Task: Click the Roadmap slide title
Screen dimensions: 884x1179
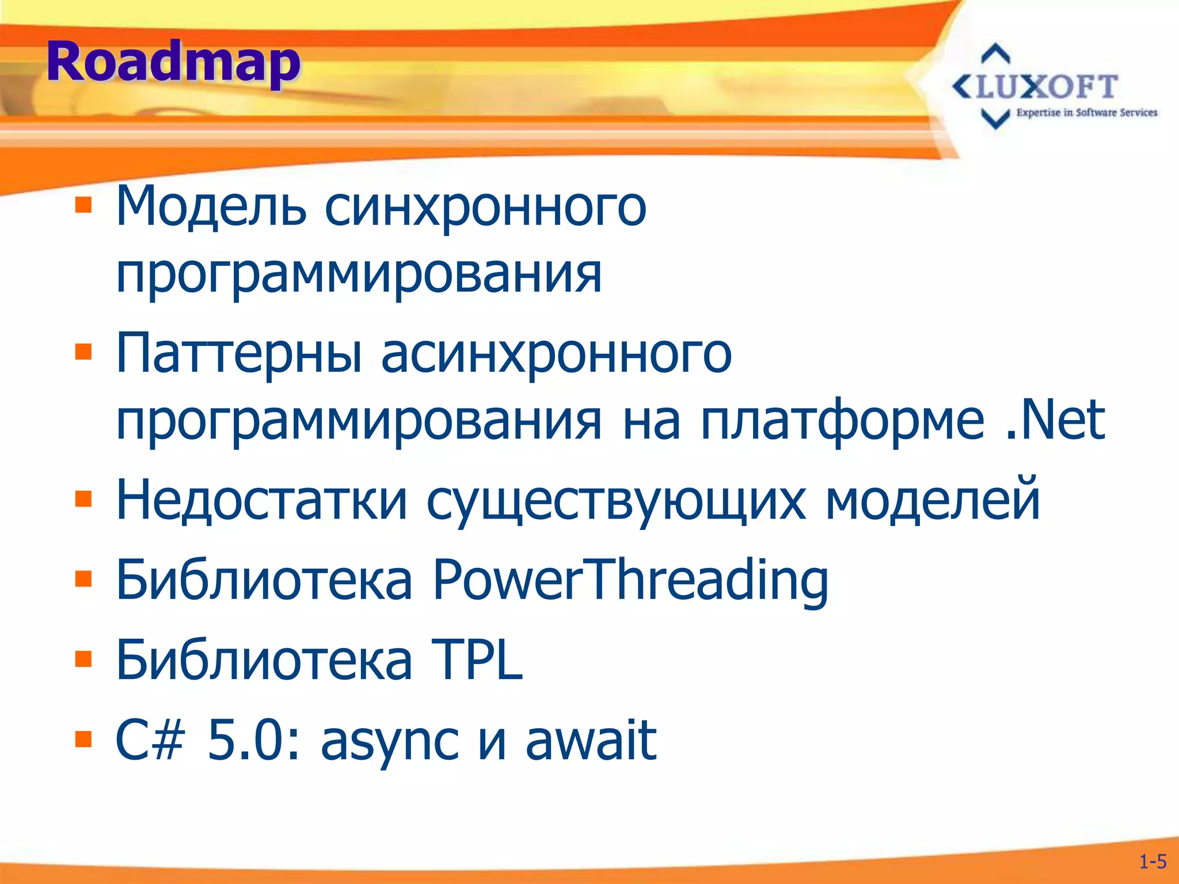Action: (x=173, y=62)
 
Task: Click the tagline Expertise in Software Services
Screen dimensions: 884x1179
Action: (x=1086, y=113)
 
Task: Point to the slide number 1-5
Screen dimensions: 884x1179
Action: (x=1153, y=862)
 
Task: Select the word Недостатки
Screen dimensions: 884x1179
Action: (x=261, y=500)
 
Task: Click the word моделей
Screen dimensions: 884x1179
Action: (x=933, y=500)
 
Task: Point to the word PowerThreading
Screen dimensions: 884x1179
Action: (x=630, y=580)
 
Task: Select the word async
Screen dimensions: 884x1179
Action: (x=390, y=741)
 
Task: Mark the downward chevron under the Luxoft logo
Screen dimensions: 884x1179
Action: (x=995, y=118)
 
